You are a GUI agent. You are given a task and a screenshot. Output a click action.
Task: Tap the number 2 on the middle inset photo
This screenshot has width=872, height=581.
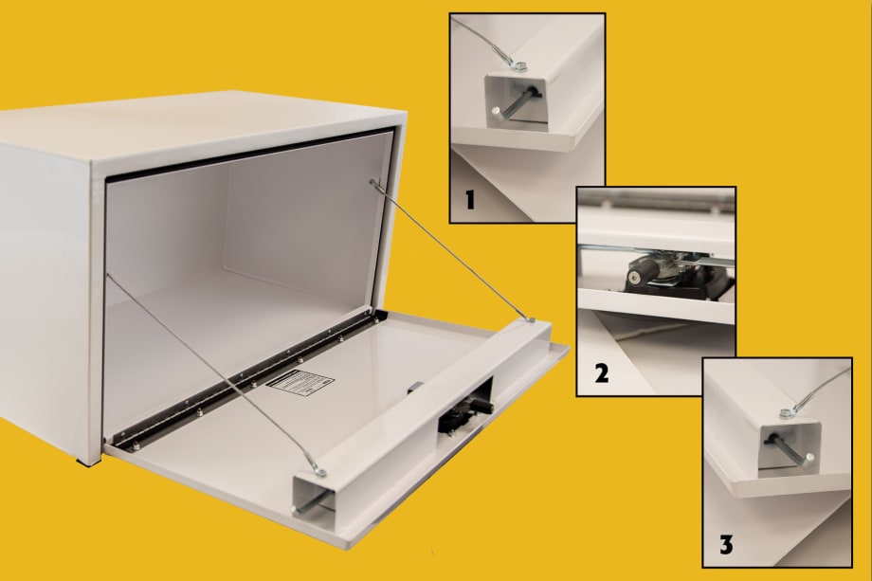(601, 373)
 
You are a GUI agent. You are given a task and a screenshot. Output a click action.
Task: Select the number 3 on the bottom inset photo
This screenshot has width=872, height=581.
(725, 545)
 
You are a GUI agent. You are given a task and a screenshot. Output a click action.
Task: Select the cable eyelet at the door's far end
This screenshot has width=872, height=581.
(529, 319)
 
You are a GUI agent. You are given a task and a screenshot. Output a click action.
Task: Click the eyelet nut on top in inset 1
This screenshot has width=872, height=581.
(518, 65)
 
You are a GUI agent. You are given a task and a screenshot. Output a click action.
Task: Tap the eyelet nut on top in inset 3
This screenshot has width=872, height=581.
(787, 413)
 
